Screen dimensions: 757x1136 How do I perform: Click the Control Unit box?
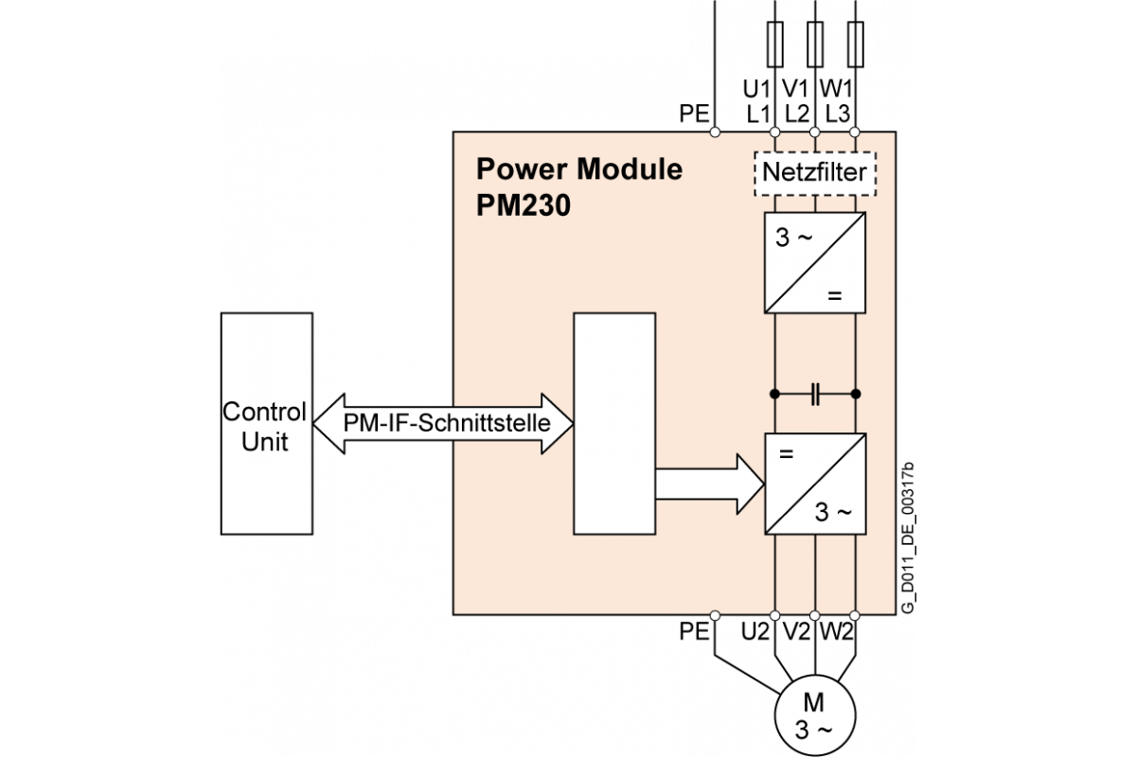pyautogui.click(x=266, y=424)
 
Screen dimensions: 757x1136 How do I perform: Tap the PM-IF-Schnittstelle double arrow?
pyautogui.click(x=445, y=423)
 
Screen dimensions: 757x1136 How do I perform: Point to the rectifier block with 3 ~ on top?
pyautogui.click(x=815, y=262)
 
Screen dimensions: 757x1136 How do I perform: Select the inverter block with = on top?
pyautogui.click(x=815, y=484)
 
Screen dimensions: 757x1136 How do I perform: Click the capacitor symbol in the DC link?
pyautogui.click(x=815, y=393)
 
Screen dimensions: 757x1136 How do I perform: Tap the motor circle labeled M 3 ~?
pyautogui.click(x=814, y=716)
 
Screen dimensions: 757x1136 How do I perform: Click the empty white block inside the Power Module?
pyautogui.click(x=614, y=423)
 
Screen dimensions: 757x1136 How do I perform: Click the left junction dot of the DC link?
pyautogui.click(x=775, y=393)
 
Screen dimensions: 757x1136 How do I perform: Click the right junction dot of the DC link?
pyautogui.click(x=855, y=393)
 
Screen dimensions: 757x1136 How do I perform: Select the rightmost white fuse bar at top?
pyautogui.click(x=855, y=44)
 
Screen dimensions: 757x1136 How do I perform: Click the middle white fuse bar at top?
pyautogui.click(x=815, y=44)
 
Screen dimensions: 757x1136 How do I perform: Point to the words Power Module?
pyautogui.click(x=578, y=169)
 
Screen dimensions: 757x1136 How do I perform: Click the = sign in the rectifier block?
pyautogui.click(x=834, y=296)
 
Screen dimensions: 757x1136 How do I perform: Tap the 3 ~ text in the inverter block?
pyautogui.click(x=834, y=513)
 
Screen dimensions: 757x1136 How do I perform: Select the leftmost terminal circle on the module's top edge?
pyautogui.click(x=715, y=132)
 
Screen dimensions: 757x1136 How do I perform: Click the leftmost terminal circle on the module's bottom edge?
pyautogui.click(x=715, y=615)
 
